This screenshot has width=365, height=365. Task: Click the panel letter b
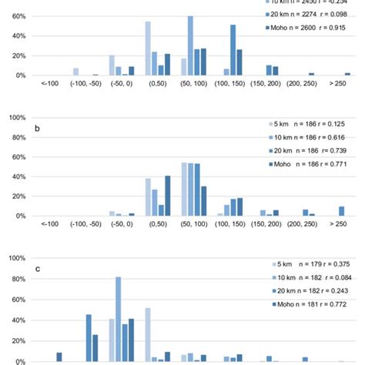37,129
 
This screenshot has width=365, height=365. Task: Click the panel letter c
37,270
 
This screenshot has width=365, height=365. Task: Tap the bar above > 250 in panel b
341,211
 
